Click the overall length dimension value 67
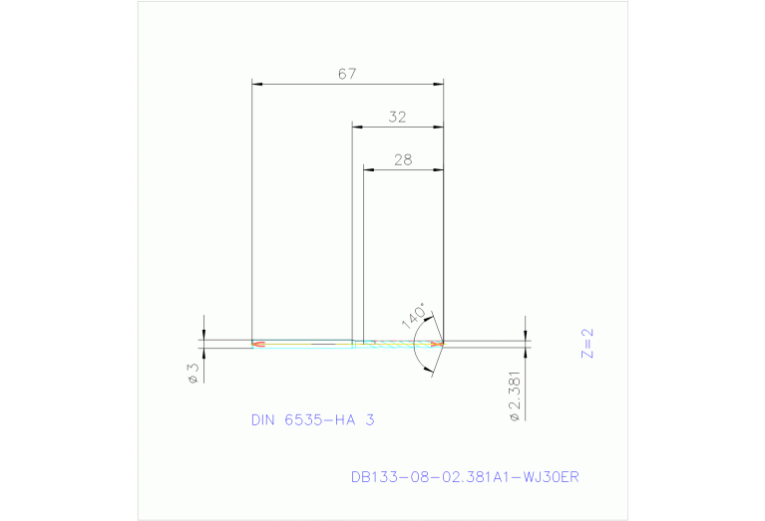tap(347, 74)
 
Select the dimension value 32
tap(398, 117)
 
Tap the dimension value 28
tap(403, 159)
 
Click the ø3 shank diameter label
tap(192, 373)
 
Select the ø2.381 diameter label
tap(514, 395)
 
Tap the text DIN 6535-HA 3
tap(312, 420)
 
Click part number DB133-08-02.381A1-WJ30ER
tap(465, 477)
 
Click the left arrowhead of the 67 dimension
tap(257, 85)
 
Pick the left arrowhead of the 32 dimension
tap(358, 127)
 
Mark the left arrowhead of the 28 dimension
tap(368, 169)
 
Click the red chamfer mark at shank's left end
tap(258, 345)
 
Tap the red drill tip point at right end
tap(437, 344)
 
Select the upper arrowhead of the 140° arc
tap(430, 318)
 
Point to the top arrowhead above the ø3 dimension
tap(203, 334)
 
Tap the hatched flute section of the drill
tap(399, 344)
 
